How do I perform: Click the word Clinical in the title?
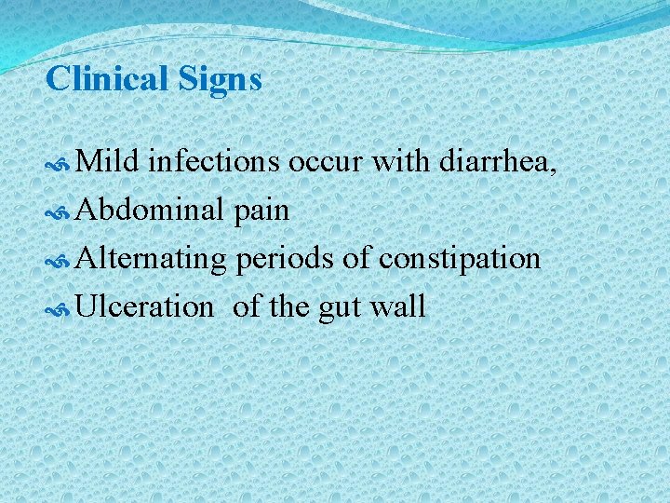tap(104, 78)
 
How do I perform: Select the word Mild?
tap(107, 162)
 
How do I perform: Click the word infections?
tap(213, 162)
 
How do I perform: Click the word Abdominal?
tap(149, 211)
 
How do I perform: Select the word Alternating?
tap(151, 258)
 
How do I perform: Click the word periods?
tap(285, 258)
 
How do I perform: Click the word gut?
tap(339, 306)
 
